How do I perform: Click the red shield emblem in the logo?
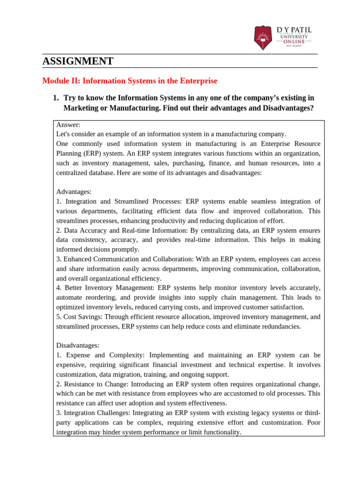[262, 38]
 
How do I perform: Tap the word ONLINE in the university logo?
[294, 42]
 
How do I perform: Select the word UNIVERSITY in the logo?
[294, 37]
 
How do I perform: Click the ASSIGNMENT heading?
[78, 61]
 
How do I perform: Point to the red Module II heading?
[130, 81]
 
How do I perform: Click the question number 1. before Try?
[55, 98]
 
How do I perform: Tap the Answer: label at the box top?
[68, 125]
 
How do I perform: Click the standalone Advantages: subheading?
[74, 192]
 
